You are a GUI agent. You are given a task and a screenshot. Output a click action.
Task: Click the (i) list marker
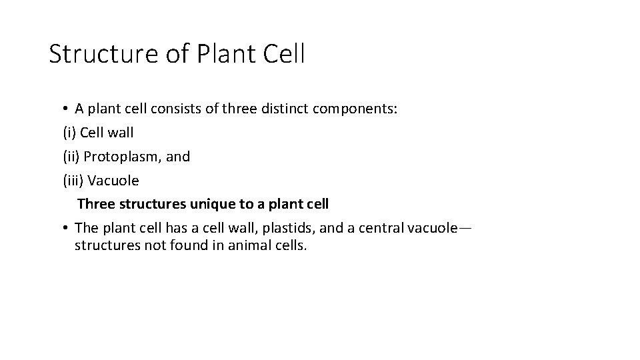69,133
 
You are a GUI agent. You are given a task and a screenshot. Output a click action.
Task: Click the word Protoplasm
119,157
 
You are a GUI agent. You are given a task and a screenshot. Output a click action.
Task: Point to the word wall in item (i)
121,133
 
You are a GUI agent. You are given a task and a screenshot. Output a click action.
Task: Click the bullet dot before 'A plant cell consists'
67,109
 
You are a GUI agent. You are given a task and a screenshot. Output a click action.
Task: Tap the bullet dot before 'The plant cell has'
67,228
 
